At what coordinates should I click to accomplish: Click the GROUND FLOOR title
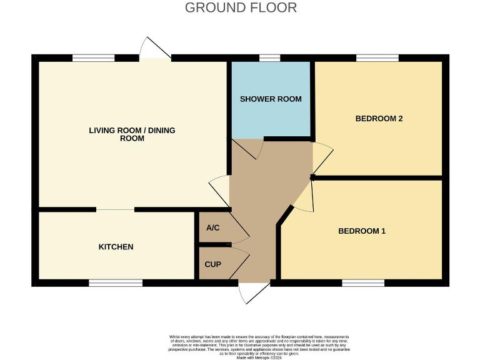241,7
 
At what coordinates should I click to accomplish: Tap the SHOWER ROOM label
271,99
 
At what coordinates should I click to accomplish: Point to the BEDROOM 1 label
361,231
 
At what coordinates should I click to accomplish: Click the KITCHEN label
116,247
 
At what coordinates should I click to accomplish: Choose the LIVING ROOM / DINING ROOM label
132,134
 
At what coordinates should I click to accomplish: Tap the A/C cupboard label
212,227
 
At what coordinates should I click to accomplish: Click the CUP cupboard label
213,264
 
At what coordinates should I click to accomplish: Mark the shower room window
269,58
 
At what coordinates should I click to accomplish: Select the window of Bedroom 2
377,58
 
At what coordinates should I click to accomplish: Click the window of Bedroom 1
362,283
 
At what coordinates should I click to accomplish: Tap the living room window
93,58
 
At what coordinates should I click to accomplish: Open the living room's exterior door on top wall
154,49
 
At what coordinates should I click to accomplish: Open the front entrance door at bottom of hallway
254,292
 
